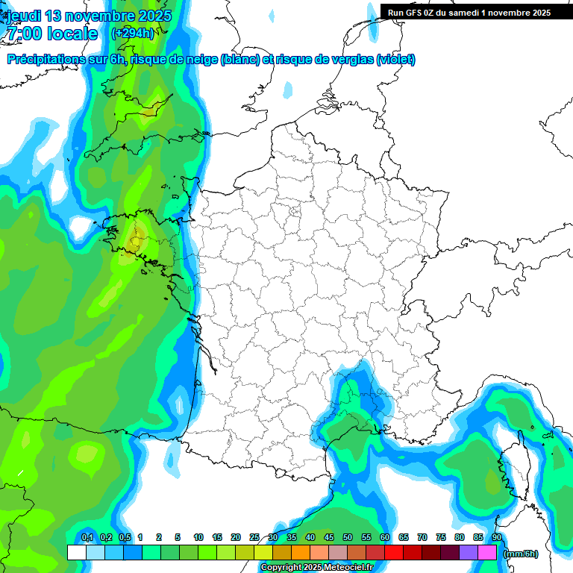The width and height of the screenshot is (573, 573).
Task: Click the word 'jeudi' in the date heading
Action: pos(22,16)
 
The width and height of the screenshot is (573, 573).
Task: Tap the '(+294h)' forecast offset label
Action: pos(132,33)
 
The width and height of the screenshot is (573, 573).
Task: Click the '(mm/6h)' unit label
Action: pos(521,553)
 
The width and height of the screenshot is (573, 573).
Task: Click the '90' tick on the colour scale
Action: pos(497,537)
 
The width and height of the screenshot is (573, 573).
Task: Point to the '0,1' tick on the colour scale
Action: pos(87,537)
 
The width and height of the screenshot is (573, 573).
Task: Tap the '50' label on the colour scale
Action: pos(348,537)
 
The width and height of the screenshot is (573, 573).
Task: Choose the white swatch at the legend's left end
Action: pos(76,552)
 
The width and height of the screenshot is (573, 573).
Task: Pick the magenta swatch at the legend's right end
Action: pos(487,552)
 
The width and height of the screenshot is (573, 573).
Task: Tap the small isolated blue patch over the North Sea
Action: pos(288,90)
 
